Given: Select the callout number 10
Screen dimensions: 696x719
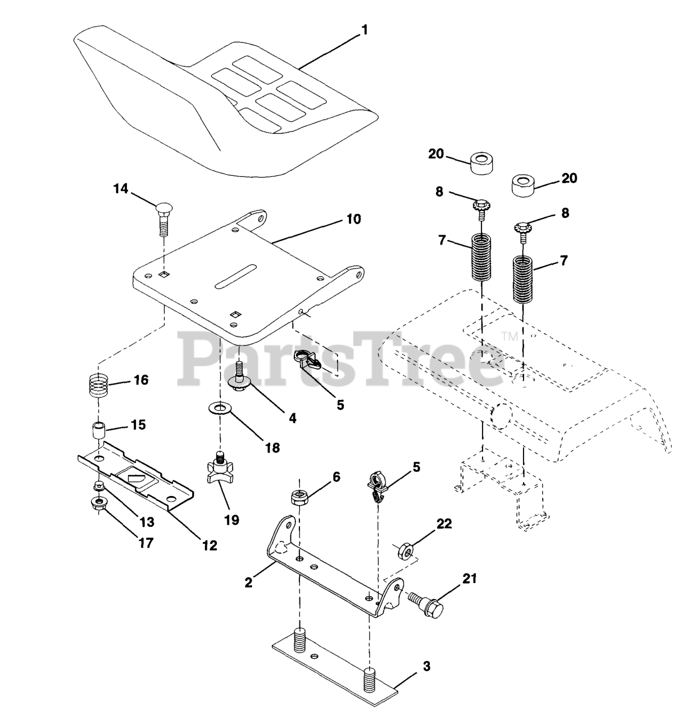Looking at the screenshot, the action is [x=353, y=219].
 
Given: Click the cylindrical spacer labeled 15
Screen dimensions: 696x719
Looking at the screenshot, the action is [x=100, y=433].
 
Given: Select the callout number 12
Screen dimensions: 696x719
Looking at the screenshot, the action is [x=209, y=544].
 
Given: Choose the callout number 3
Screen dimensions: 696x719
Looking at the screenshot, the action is [x=426, y=667].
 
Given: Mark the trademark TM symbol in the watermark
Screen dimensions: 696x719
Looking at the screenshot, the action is [x=509, y=336].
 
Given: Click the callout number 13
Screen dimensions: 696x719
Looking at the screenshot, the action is [x=147, y=522].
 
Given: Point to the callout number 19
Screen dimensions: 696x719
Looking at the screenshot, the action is [x=231, y=520].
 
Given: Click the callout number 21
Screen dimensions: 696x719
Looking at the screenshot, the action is [x=469, y=578].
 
